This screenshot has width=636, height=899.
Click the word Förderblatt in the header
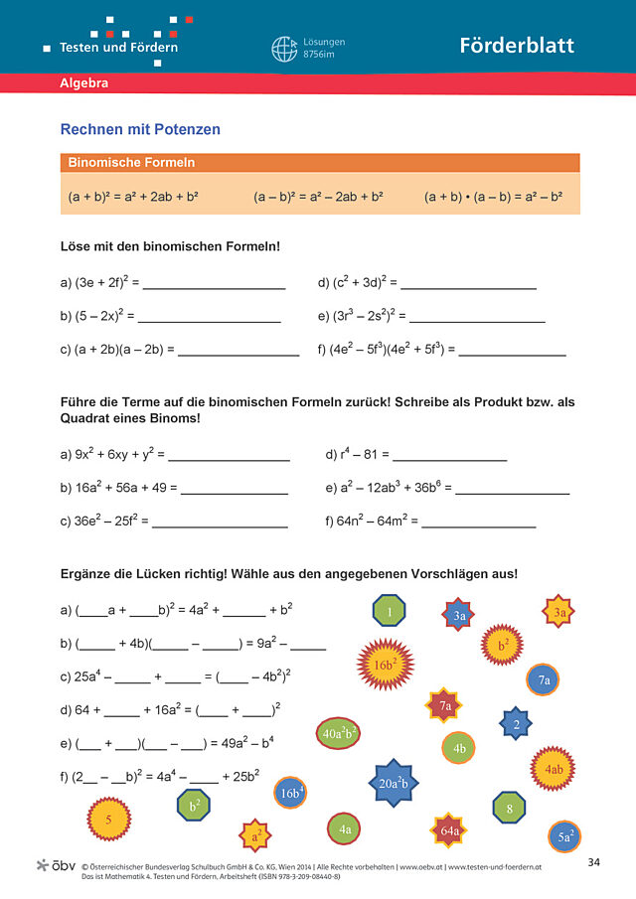(517, 46)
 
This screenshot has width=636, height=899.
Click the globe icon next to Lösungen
(284, 49)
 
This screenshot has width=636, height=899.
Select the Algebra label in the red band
(84, 83)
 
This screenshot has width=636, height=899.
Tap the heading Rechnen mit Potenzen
(140, 129)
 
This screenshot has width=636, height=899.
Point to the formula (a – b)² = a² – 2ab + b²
(318, 197)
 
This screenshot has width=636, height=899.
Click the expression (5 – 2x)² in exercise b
(98, 316)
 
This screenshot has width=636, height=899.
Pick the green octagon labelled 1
(390, 612)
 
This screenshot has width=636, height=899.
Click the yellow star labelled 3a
(559, 612)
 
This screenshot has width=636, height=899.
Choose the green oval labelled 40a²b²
(340, 733)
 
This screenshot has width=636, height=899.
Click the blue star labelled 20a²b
(399, 782)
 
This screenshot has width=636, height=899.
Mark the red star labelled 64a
(449, 829)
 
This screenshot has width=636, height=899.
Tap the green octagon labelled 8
(509, 809)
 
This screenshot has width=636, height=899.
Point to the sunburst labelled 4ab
(553, 768)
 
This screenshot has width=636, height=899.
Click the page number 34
(593, 859)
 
